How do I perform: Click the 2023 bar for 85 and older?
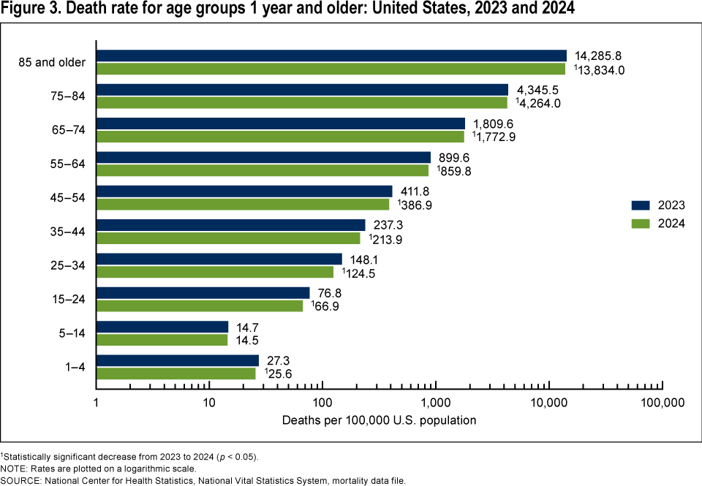331,56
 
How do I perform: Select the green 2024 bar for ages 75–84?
301,103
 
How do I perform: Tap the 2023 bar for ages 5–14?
162,327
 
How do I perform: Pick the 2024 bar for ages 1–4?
175,373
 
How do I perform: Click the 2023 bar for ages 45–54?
244,191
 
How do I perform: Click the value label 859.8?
457,170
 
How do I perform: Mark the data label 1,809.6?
495,124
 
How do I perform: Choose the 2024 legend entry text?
671,224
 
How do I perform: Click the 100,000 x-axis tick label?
662,402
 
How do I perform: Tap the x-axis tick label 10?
209,402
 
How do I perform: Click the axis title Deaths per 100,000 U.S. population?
379,420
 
